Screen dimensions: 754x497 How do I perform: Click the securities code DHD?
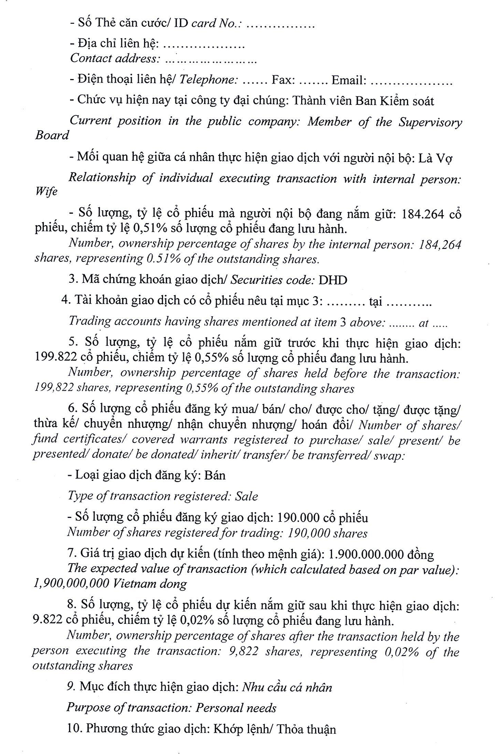(x=332, y=279)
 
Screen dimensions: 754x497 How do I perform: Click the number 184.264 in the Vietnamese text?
(x=418, y=214)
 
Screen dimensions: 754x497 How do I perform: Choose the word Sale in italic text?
(x=247, y=496)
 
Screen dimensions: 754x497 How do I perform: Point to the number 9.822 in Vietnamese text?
(x=46, y=621)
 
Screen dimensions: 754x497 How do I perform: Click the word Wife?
(x=47, y=191)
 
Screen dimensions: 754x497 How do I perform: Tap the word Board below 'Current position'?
(x=52, y=135)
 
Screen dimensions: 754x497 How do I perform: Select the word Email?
(x=348, y=80)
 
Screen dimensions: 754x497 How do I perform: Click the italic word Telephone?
(x=208, y=80)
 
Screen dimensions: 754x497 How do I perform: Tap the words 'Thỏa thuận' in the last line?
(x=307, y=730)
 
